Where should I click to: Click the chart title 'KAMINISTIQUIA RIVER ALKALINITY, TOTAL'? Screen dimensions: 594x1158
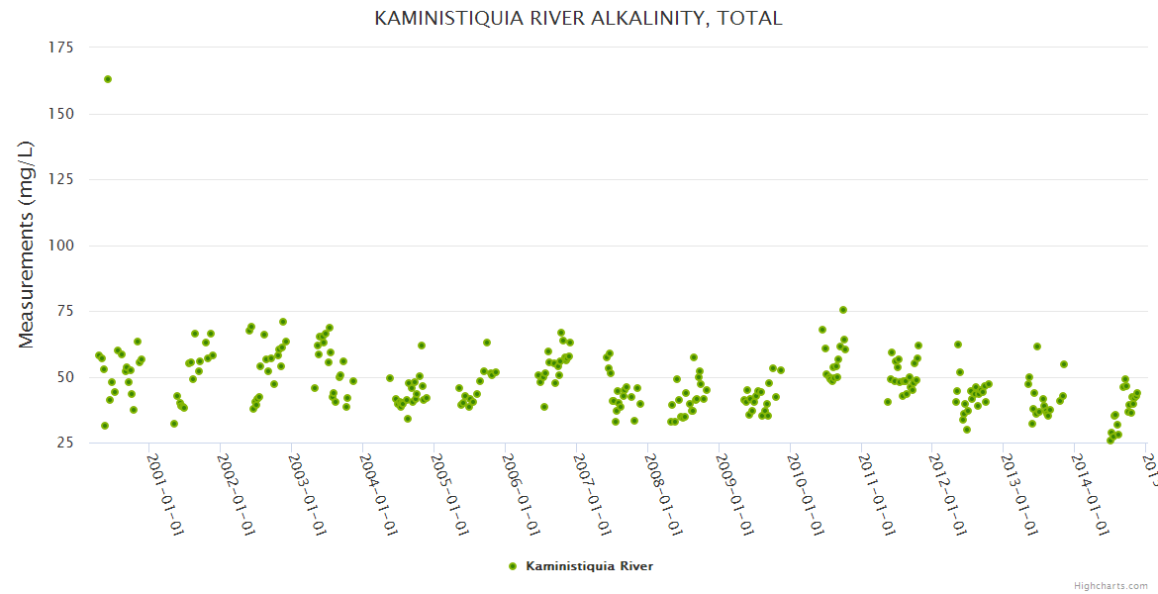point(578,18)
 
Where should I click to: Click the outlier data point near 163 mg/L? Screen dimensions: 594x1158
point(108,79)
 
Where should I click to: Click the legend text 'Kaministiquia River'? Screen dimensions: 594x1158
point(589,566)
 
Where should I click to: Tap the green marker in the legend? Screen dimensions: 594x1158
point(513,566)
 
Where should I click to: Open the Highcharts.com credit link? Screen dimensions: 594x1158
point(1110,585)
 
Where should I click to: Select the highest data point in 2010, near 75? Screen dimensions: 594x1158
point(843,310)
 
